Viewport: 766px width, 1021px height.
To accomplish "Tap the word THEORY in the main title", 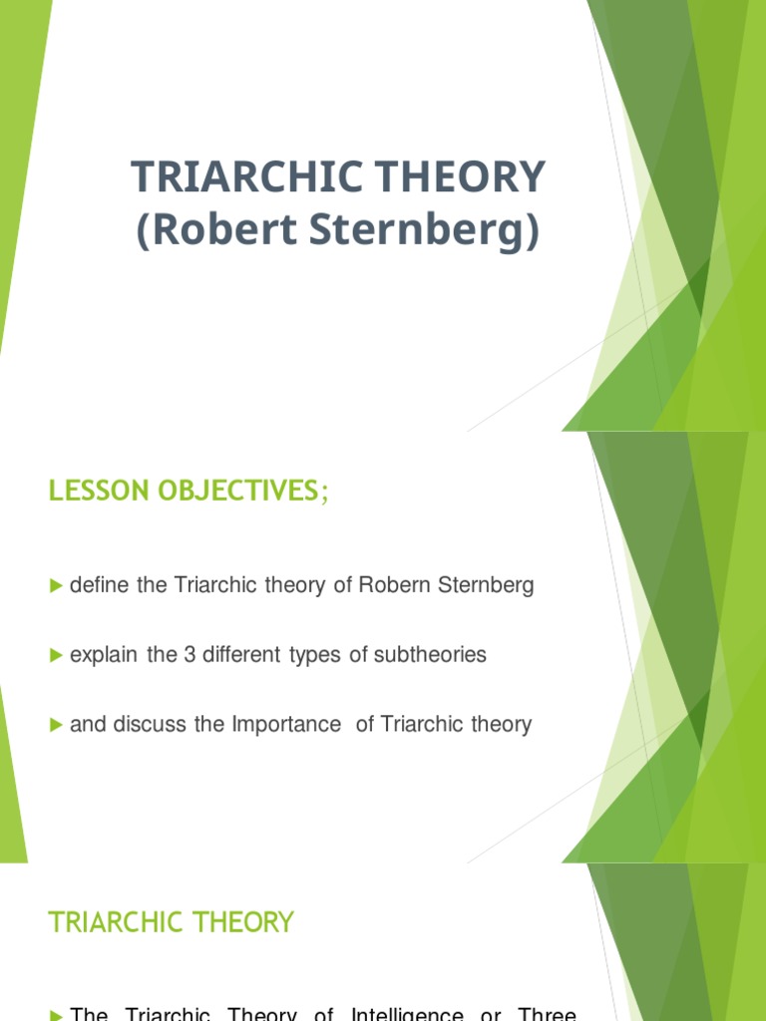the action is coord(461,176).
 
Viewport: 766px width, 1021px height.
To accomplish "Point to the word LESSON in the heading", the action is coord(99,491).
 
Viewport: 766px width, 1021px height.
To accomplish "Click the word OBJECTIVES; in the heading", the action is coord(243,491).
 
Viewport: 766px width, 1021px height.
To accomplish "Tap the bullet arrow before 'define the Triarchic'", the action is coord(56,586).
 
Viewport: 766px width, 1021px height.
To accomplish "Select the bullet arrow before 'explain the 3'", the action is coord(56,655).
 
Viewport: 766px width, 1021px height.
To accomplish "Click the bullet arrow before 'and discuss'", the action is coord(56,725).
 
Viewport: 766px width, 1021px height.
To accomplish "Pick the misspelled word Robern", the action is coord(395,584).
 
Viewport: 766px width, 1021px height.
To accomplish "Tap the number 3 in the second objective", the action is coord(190,654).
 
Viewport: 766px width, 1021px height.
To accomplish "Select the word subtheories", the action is coord(430,654).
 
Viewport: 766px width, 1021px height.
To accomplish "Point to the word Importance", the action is coord(286,724).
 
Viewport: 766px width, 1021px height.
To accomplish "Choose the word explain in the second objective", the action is coord(104,655).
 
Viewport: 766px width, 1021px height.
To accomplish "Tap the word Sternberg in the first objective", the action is coord(486,585).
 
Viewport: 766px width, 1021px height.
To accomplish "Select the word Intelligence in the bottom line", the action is coord(407,1014).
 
